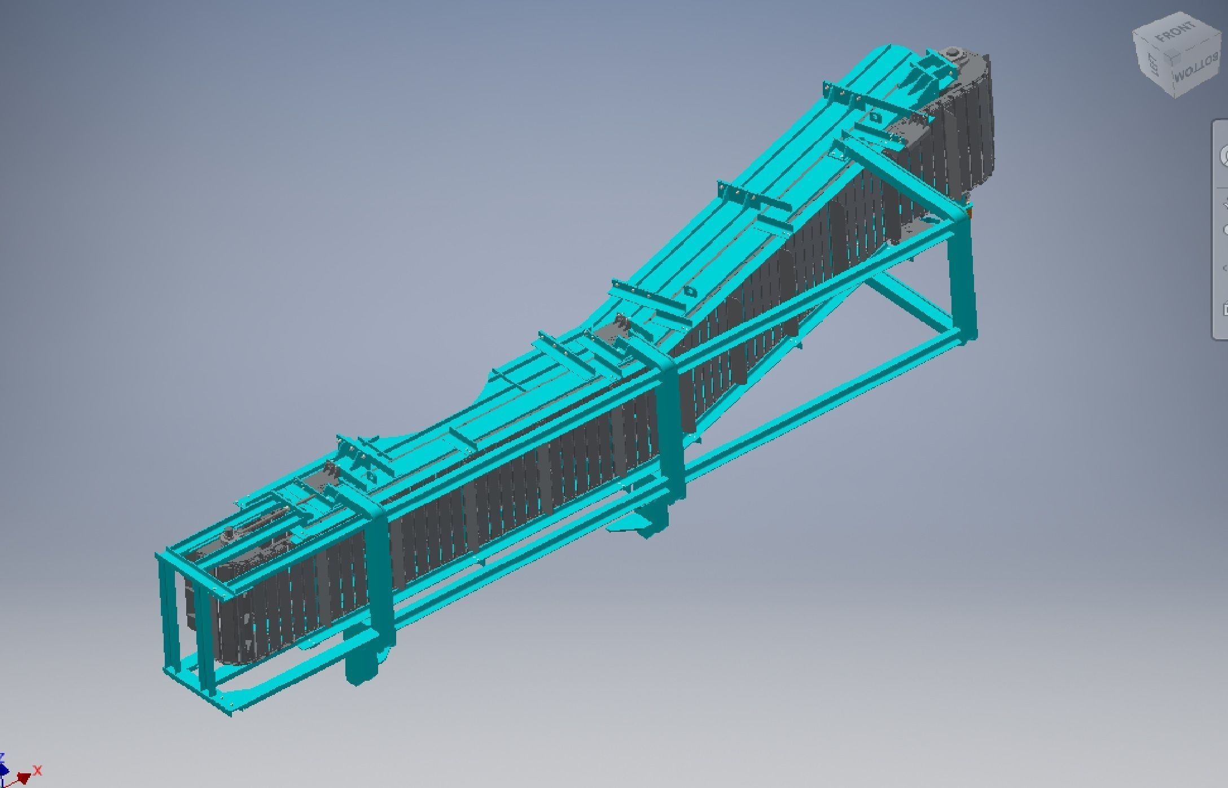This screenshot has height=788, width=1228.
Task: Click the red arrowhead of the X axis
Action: pos(24,777)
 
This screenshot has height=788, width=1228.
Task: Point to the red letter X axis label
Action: pos(38,770)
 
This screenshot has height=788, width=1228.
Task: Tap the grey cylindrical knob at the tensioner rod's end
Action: pos(229,532)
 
